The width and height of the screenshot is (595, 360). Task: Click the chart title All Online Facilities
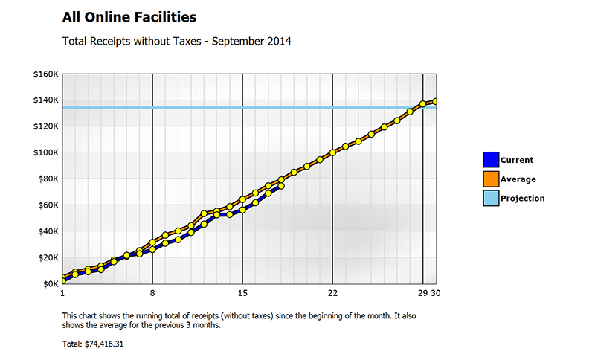(129, 16)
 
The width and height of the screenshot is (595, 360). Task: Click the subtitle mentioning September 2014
(176, 41)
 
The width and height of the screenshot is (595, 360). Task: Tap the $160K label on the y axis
(46, 74)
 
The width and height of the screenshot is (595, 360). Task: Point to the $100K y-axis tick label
(46, 152)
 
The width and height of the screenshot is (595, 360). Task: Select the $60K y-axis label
(48, 205)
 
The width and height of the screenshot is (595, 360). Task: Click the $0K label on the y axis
(51, 283)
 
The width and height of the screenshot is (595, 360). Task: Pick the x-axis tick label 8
(152, 292)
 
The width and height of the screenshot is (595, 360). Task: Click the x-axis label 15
(242, 292)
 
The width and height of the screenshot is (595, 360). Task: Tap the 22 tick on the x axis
(332, 292)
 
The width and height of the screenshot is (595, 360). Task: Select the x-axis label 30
(436, 292)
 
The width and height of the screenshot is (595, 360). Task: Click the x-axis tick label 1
(62, 292)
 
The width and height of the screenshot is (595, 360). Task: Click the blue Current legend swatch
(490, 159)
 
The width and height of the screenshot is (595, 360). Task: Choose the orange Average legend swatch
(490, 179)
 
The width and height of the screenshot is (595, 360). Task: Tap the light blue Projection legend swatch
(490, 198)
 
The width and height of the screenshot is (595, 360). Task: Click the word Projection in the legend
(522, 199)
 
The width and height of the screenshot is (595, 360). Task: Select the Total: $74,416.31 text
(92, 344)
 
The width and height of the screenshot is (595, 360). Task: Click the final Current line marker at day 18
(281, 186)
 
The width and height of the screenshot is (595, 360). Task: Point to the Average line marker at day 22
(332, 152)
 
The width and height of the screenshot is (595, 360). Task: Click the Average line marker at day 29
(423, 104)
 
